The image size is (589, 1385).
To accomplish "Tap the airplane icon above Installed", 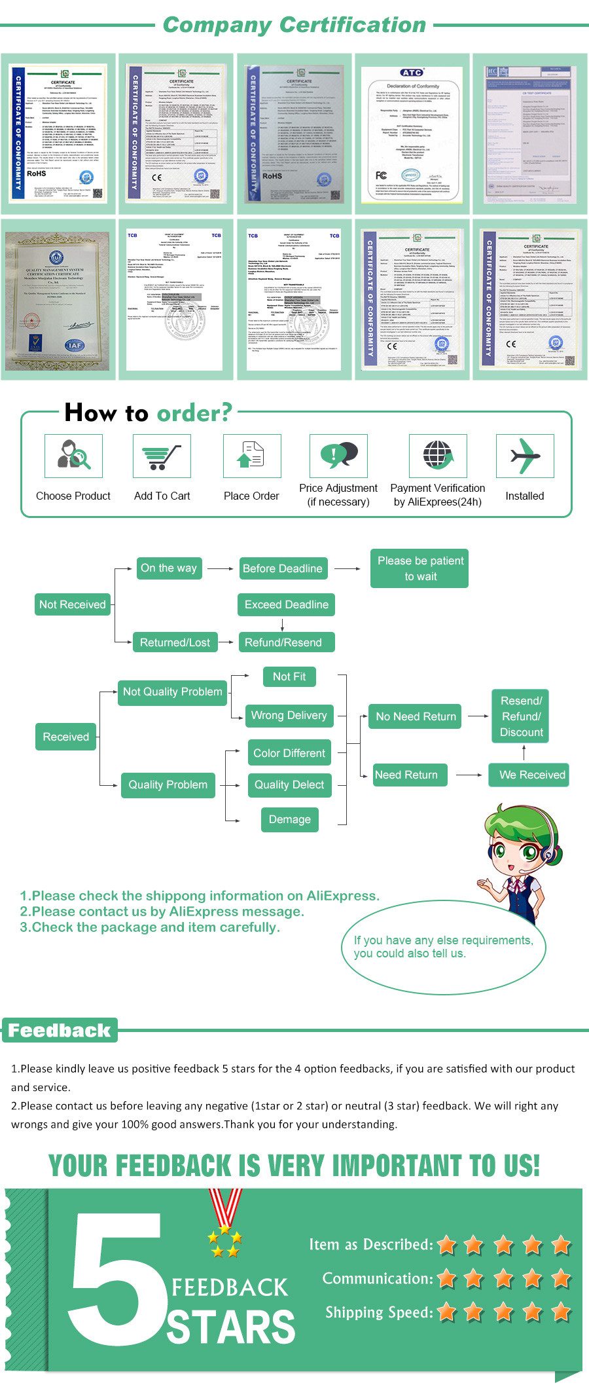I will coord(525,456).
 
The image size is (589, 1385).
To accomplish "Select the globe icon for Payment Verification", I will coord(437,456).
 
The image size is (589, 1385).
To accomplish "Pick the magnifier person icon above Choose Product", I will coord(73,456).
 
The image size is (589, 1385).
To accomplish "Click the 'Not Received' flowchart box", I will coord(72,604).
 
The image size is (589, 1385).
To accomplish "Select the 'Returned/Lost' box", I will coord(175,642).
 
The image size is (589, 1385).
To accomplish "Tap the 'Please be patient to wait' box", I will coord(420,568).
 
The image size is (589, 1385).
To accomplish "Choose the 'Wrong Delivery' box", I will coord(289,715).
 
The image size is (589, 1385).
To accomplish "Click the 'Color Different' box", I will coord(289,753).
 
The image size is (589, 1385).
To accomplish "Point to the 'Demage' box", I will coord(289,819).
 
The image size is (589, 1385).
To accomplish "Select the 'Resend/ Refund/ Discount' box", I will coord(521,716).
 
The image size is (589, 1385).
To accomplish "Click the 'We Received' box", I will coord(531,775).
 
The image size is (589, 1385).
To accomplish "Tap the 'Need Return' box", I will coord(406,775).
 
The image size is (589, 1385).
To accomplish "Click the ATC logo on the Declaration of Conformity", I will coord(412,73).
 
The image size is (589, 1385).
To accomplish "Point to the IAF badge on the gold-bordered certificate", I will coord(74,345).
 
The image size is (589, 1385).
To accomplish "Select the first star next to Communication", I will coord(447,1278).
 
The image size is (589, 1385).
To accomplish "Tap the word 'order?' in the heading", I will coord(194,413).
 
